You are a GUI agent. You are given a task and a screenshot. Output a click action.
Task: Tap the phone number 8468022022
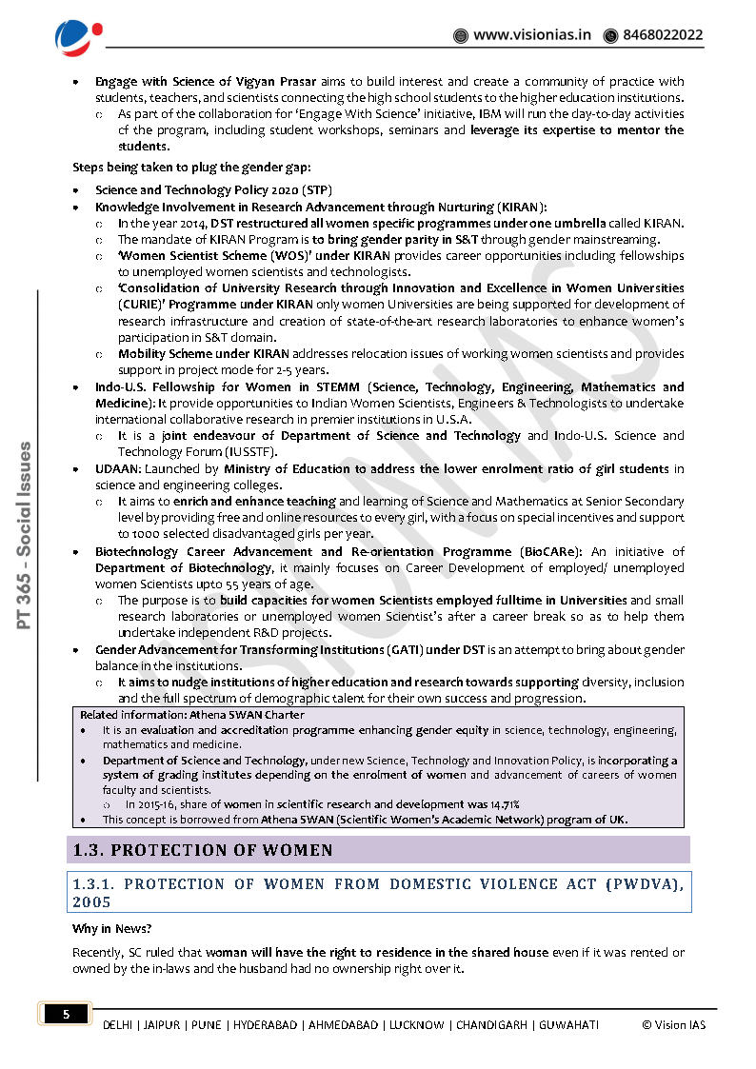pyautogui.click(x=663, y=35)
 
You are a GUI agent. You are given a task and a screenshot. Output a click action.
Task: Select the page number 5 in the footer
pyautogui.click(x=66, y=1015)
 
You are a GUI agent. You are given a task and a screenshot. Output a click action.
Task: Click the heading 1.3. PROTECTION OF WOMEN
pyautogui.click(x=204, y=850)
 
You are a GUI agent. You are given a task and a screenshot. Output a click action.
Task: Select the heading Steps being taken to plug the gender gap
pyautogui.click(x=185, y=168)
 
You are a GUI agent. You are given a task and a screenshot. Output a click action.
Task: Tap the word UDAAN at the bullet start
pyautogui.click(x=117, y=468)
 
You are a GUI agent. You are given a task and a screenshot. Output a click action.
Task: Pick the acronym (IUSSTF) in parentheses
pyautogui.click(x=248, y=452)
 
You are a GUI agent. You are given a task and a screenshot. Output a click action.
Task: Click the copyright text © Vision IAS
pyautogui.click(x=674, y=1025)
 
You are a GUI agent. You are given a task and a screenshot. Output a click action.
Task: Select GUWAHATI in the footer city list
pyautogui.click(x=568, y=1025)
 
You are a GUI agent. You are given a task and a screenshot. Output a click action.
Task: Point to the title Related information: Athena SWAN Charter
pyautogui.click(x=192, y=714)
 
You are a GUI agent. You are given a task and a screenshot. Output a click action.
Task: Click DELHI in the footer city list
pyautogui.click(x=119, y=1025)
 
